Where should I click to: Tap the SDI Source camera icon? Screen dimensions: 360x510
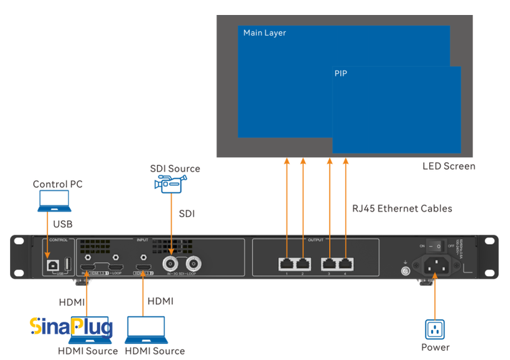(170, 183)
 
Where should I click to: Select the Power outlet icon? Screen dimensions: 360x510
(435, 328)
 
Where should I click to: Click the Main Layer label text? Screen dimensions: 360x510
(264, 33)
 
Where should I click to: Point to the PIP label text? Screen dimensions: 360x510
(341, 73)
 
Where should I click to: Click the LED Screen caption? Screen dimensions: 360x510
(449, 166)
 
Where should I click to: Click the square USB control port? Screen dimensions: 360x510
(49, 264)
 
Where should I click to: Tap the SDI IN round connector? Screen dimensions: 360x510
(170, 264)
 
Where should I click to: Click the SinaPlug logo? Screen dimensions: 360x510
(71, 326)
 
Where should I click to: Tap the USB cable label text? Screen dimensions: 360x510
(62, 224)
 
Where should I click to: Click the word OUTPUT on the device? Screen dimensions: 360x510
(316, 240)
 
